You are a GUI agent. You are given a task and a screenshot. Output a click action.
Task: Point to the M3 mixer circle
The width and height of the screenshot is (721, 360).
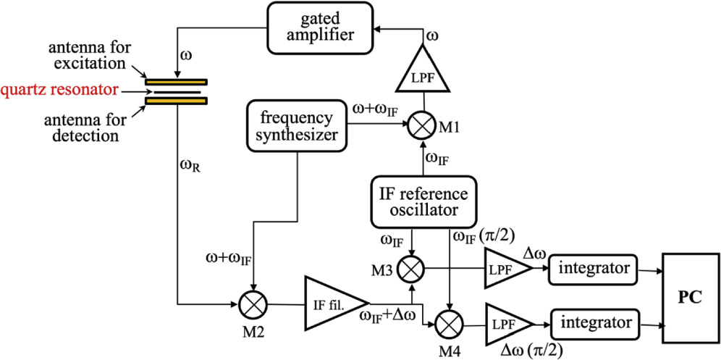pyautogui.click(x=413, y=267)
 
